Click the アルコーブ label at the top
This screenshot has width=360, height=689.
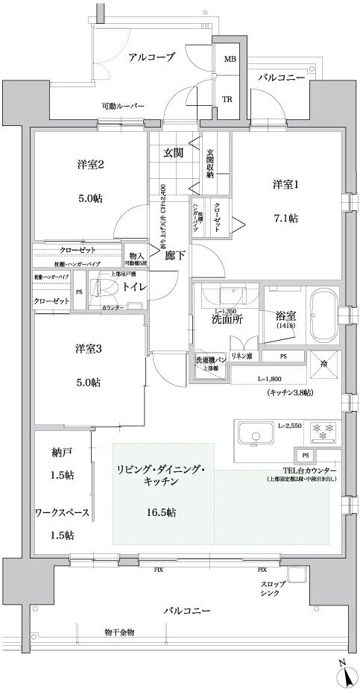[x=151, y=57]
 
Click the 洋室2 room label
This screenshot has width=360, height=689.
[x=89, y=165]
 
